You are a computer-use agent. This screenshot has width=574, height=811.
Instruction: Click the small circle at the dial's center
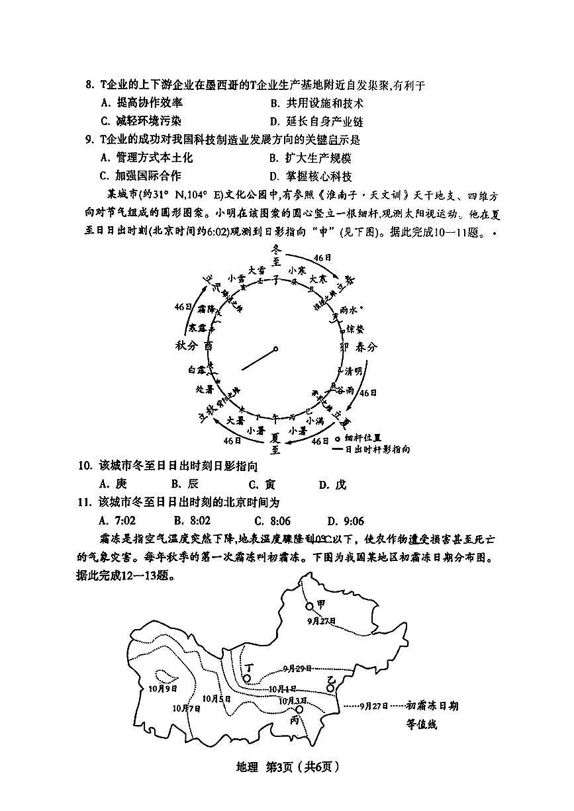[x=276, y=349]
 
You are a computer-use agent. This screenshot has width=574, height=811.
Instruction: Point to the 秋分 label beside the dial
[x=187, y=346]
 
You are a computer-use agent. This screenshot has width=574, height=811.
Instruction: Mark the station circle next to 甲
[x=309, y=606]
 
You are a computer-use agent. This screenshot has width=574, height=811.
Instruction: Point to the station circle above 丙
[x=299, y=709]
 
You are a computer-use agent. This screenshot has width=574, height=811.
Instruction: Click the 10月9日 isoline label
[x=164, y=688]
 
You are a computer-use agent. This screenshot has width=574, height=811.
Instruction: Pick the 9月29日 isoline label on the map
[x=296, y=669]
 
